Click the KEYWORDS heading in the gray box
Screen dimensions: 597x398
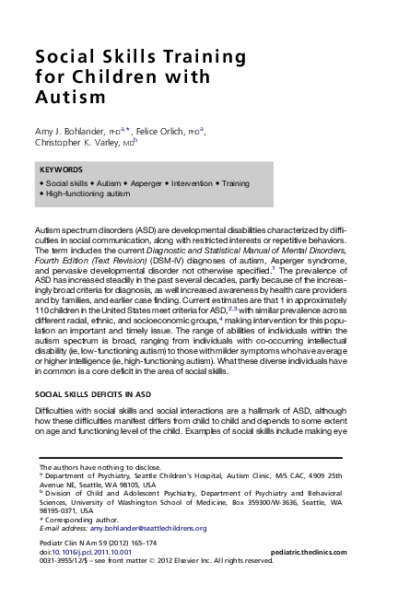[x=62, y=170]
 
